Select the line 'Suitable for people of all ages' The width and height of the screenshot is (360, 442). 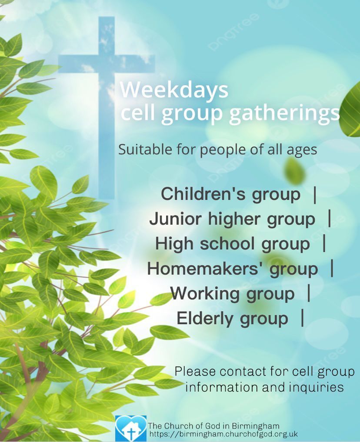point(218,150)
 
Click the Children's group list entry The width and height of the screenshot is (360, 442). point(230,194)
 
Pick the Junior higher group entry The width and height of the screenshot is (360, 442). point(232,219)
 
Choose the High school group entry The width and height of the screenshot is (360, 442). point(233,244)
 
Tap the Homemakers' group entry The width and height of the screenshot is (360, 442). point(233,269)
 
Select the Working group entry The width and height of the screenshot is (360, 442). point(233,294)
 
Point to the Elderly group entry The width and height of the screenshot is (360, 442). point(232,319)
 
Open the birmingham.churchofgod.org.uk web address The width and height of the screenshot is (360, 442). point(223,434)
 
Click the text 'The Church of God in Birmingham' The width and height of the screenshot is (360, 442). point(214,425)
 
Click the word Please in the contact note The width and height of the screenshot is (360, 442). point(195,372)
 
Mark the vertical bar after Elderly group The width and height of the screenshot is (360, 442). point(302,318)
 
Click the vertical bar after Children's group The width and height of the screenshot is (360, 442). point(314,194)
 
